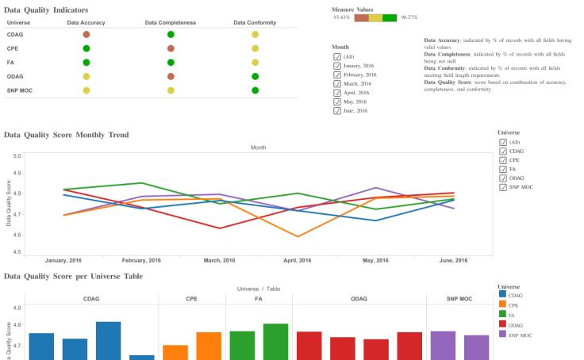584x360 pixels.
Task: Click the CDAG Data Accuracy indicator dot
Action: pos(86,35)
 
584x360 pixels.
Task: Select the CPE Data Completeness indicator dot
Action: pos(171,49)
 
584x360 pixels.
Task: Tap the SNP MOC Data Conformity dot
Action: pos(255,90)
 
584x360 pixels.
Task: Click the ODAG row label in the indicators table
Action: pos(15,76)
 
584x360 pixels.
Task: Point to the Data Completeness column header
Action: pos(171,22)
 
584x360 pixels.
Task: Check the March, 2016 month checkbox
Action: pos(337,83)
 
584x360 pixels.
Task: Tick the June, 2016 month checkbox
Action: pos(337,110)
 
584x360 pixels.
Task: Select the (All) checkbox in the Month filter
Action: pos(337,57)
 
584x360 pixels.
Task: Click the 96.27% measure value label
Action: pos(409,17)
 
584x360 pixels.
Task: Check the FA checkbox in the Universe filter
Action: pos(503,169)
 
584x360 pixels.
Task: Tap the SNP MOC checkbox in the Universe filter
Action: pos(503,187)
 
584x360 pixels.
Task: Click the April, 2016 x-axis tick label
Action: pos(298,261)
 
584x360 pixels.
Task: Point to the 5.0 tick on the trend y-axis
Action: pos(17,155)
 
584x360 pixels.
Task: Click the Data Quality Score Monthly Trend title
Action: pos(66,136)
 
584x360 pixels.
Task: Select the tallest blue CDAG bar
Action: pos(109,340)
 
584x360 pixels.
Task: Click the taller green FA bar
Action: pos(275,341)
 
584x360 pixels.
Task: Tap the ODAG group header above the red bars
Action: pos(359,299)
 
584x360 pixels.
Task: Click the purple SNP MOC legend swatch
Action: pos(501,333)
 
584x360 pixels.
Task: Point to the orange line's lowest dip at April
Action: pos(298,236)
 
